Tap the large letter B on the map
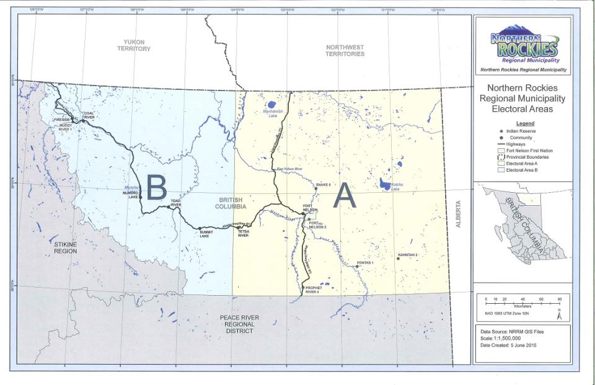click(156, 187)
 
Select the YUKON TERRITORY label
click(133, 45)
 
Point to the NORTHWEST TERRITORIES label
click(345, 50)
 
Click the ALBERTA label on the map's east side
click(460, 215)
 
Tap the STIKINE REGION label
click(64, 248)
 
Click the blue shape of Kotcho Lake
click(385, 185)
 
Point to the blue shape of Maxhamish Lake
click(271, 113)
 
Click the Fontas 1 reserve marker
click(357, 267)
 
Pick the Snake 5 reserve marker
click(315, 188)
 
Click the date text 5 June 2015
click(522, 344)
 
